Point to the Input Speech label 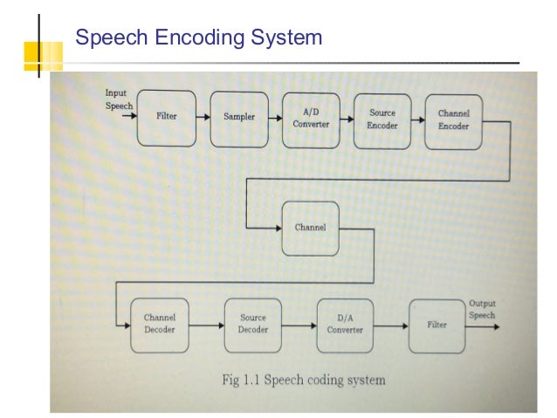(x=119, y=99)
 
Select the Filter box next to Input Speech (x=166, y=117)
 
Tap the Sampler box (x=239, y=118)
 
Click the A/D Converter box (x=311, y=118)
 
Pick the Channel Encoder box (x=453, y=120)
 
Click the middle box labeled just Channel (x=310, y=228)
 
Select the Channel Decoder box (x=160, y=325)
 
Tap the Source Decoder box (x=252, y=325)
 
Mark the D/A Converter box (x=345, y=325)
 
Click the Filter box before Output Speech (x=437, y=325)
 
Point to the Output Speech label (x=482, y=310)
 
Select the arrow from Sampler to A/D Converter (x=274, y=117)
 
